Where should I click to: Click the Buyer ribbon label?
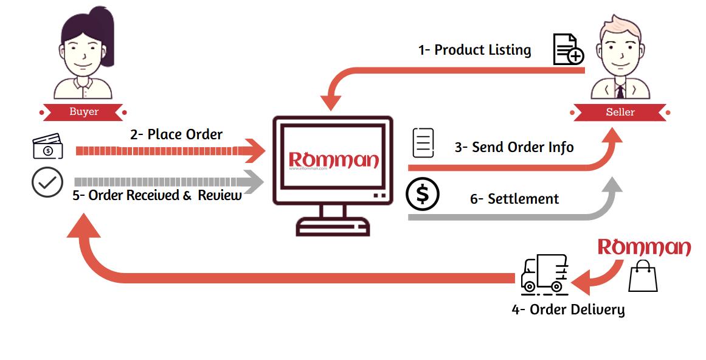point(84,112)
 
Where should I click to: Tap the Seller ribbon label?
point(620,112)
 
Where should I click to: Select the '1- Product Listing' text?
point(474,50)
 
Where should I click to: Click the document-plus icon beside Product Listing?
point(569,49)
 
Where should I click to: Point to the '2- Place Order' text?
point(176,134)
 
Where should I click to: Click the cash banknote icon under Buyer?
point(47,146)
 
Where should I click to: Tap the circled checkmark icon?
point(47,182)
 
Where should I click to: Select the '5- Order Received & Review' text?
point(157,195)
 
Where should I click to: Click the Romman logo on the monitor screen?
point(334,160)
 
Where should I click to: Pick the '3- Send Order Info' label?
point(514,147)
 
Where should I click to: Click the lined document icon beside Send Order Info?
point(423,143)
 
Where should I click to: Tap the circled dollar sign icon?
point(423,194)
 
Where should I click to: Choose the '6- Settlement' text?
point(514,199)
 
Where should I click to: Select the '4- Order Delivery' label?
point(568,310)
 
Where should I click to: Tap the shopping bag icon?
point(643,276)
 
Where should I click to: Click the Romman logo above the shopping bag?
point(644,247)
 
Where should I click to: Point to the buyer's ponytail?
point(105,34)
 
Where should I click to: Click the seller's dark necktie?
point(620,91)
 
